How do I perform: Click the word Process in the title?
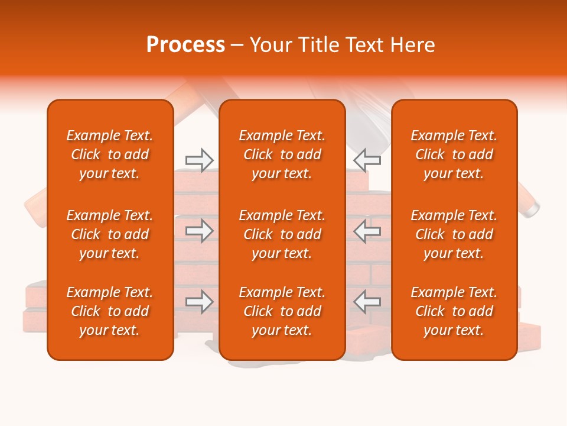pyautogui.click(x=185, y=45)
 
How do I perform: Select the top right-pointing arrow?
pyautogui.click(x=200, y=160)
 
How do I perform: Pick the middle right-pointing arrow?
pyautogui.click(x=200, y=231)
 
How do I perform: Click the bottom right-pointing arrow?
pyautogui.click(x=200, y=302)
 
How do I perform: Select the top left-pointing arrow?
pyautogui.click(x=367, y=160)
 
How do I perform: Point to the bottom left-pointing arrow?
pyautogui.click(x=367, y=302)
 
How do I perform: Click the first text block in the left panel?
pyautogui.click(x=110, y=154)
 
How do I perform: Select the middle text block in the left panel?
pyautogui.click(x=110, y=234)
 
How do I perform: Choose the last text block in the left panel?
pyautogui.click(x=110, y=311)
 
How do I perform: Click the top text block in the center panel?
pyautogui.click(x=282, y=154)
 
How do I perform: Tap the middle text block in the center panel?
pyautogui.click(x=282, y=234)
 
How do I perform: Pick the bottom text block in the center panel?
pyautogui.click(x=282, y=311)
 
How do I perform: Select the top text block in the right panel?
pyautogui.click(x=454, y=154)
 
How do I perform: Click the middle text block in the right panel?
pyautogui.click(x=454, y=234)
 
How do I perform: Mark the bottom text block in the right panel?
pyautogui.click(x=454, y=311)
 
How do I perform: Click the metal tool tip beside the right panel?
pyautogui.click(x=532, y=208)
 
